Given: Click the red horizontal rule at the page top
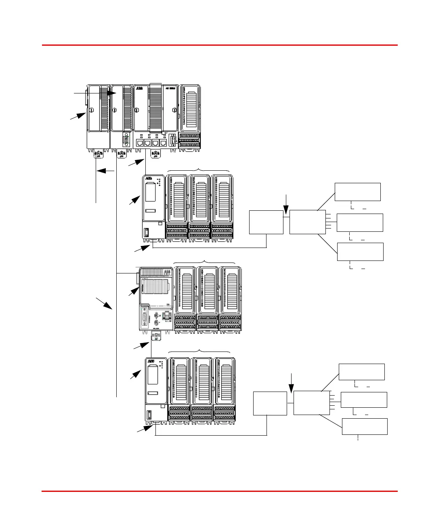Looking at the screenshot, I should point(220,45).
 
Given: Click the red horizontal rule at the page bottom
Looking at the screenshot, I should point(220,491).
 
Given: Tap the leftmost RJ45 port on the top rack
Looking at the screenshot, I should point(139,143).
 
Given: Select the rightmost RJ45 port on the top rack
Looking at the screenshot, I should point(163,143).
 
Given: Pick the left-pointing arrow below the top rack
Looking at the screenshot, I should point(106,171).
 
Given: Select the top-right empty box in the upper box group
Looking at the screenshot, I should point(358,192).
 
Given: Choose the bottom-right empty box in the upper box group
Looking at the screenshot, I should point(360,252).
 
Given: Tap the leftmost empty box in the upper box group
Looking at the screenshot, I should point(266,222).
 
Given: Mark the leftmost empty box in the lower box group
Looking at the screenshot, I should point(270,403).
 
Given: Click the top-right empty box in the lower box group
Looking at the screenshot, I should point(362,372).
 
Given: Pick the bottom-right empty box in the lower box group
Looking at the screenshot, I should point(365,426).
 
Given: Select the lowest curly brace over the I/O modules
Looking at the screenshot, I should point(199,351).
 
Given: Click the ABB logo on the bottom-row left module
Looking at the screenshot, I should point(151,361).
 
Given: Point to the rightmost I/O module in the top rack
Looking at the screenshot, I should point(190,117).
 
